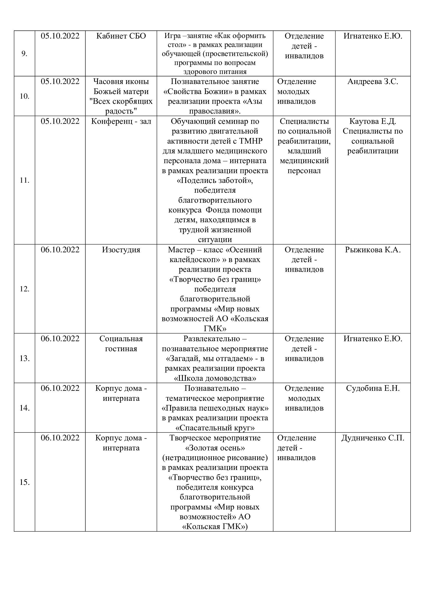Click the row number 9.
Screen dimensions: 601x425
[x=24, y=54]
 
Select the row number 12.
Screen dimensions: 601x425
[x=24, y=289]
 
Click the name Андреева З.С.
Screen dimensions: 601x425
[x=373, y=82]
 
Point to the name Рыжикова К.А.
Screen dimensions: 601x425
[x=373, y=250]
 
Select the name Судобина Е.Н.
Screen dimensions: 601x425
[x=373, y=388]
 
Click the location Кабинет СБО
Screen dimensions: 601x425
[x=121, y=36]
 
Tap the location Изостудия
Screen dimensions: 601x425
[x=121, y=250]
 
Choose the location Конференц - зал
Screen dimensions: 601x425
[x=121, y=122]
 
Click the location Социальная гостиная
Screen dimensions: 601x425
[x=121, y=344]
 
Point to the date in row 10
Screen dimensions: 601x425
[x=60, y=82]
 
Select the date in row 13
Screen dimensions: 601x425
[x=60, y=339]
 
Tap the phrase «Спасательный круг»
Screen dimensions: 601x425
[x=215, y=428]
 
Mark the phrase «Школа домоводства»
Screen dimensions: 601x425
[x=215, y=378]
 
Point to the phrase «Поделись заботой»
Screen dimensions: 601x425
[x=215, y=181]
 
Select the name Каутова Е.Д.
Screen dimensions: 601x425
[x=373, y=122]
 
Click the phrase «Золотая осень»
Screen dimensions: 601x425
[x=215, y=448]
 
